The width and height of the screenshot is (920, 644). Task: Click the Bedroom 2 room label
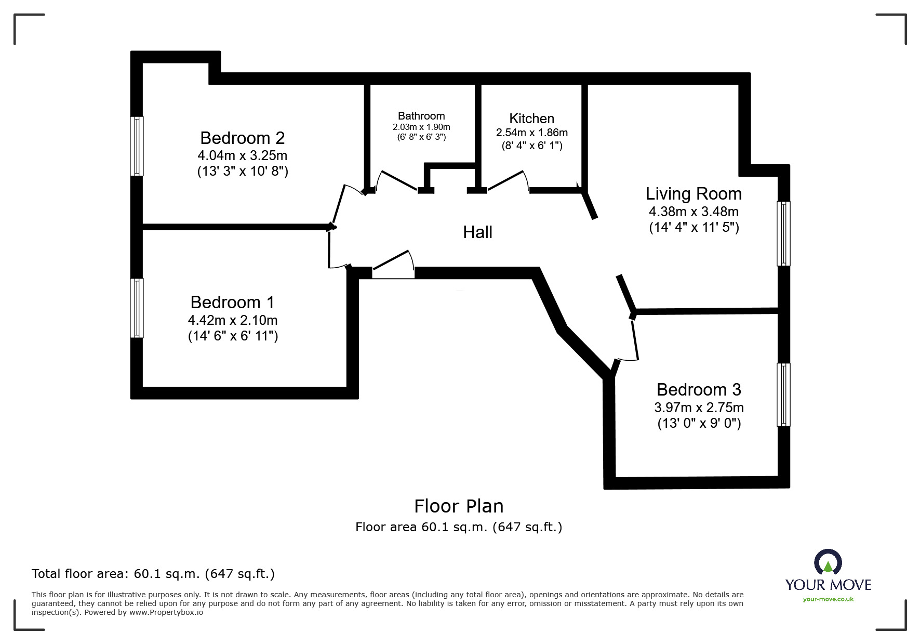point(242,138)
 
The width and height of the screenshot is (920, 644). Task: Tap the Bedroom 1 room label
point(232,303)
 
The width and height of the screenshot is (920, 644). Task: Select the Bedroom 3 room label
point(699,390)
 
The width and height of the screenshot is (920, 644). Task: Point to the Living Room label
point(694,194)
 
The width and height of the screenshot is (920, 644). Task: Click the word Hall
point(477,232)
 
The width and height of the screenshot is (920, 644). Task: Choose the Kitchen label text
point(531,119)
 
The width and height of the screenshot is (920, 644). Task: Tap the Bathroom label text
point(421,116)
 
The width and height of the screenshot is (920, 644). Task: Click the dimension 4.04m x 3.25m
point(242,155)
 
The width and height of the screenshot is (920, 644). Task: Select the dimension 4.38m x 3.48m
point(694,212)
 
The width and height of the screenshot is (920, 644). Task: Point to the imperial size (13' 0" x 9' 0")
point(699,424)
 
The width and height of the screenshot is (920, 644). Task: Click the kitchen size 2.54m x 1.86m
point(531,133)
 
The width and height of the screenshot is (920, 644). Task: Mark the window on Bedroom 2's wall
point(137,146)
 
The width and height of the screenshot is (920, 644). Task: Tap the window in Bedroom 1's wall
point(137,308)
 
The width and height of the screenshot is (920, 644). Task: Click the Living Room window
point(783,233)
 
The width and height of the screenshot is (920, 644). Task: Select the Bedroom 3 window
point(783,395)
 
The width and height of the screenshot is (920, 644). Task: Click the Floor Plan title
point(459,506)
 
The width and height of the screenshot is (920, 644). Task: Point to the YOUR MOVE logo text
point(828,585)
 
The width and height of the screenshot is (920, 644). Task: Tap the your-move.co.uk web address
point(828,599)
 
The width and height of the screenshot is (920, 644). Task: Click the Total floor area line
point(153,574)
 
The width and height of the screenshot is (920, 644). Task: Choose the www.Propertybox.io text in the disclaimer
point(166,612)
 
